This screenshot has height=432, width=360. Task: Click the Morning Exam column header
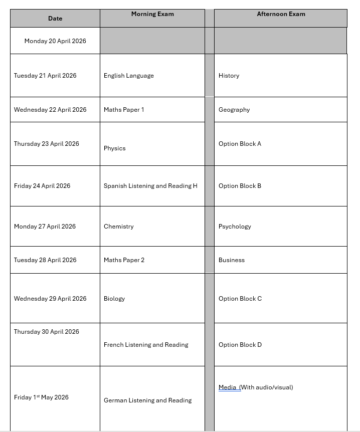click(152, 14)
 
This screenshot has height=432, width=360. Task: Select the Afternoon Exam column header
click(281, 14)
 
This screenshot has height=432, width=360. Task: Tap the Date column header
click(55, 19)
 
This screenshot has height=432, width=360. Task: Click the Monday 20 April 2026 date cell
click(55, 41)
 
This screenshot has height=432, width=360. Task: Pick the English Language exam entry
click(129, 76)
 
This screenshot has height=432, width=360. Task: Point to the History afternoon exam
click(229, 76)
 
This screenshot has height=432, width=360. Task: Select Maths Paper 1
click(124, 110)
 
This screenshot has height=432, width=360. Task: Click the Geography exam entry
click(234, 110)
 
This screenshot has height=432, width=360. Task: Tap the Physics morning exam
click(115, 148)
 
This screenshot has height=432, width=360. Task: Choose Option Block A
click(240, 144)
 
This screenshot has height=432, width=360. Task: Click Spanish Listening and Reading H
click(150, 186)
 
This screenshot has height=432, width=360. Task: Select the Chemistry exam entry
click(119, 227)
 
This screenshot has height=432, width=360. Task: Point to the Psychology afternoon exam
click(235, 227)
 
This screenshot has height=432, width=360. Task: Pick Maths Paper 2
click(124, 260)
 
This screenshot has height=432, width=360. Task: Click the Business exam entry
click(232, 260)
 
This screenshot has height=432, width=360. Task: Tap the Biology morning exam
click(114, 299)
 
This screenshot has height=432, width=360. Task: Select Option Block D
click(240, 345)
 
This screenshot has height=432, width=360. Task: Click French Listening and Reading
click(146, 345)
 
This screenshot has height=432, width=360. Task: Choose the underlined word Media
click(228, 387)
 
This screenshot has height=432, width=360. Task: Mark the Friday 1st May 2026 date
click(41, 397)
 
